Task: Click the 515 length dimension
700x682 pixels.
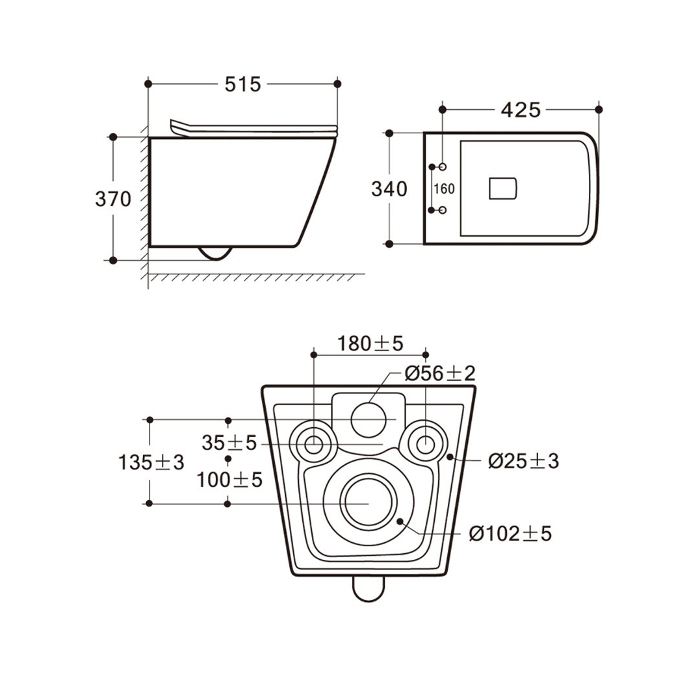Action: click(242, 84)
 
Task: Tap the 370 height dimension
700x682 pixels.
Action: click(113, 199)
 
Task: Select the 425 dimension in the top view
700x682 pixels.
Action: click(521, 110)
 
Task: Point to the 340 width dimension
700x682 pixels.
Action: click(389, 189)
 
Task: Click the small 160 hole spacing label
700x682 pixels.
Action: click(444, 189)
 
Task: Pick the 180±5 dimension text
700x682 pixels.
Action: click(370, 343)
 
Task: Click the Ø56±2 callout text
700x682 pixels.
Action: click(440, 373)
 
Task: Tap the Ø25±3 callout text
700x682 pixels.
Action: click(523, 461)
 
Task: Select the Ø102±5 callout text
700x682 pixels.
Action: click(510, 533)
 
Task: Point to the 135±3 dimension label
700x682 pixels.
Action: click(151, 462)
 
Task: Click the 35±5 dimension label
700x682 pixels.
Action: click(229, 443)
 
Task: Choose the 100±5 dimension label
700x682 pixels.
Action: click(229, 480)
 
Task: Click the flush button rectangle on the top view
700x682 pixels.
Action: click(503, 189)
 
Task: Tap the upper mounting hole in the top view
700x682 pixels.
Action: click(443, 166)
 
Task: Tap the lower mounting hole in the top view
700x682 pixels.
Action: click(443, 210)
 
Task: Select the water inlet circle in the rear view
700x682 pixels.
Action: click(369, 420)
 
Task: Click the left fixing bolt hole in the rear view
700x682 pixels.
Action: click(313, 445)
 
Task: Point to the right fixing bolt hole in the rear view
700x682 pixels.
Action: click(426, 445)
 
